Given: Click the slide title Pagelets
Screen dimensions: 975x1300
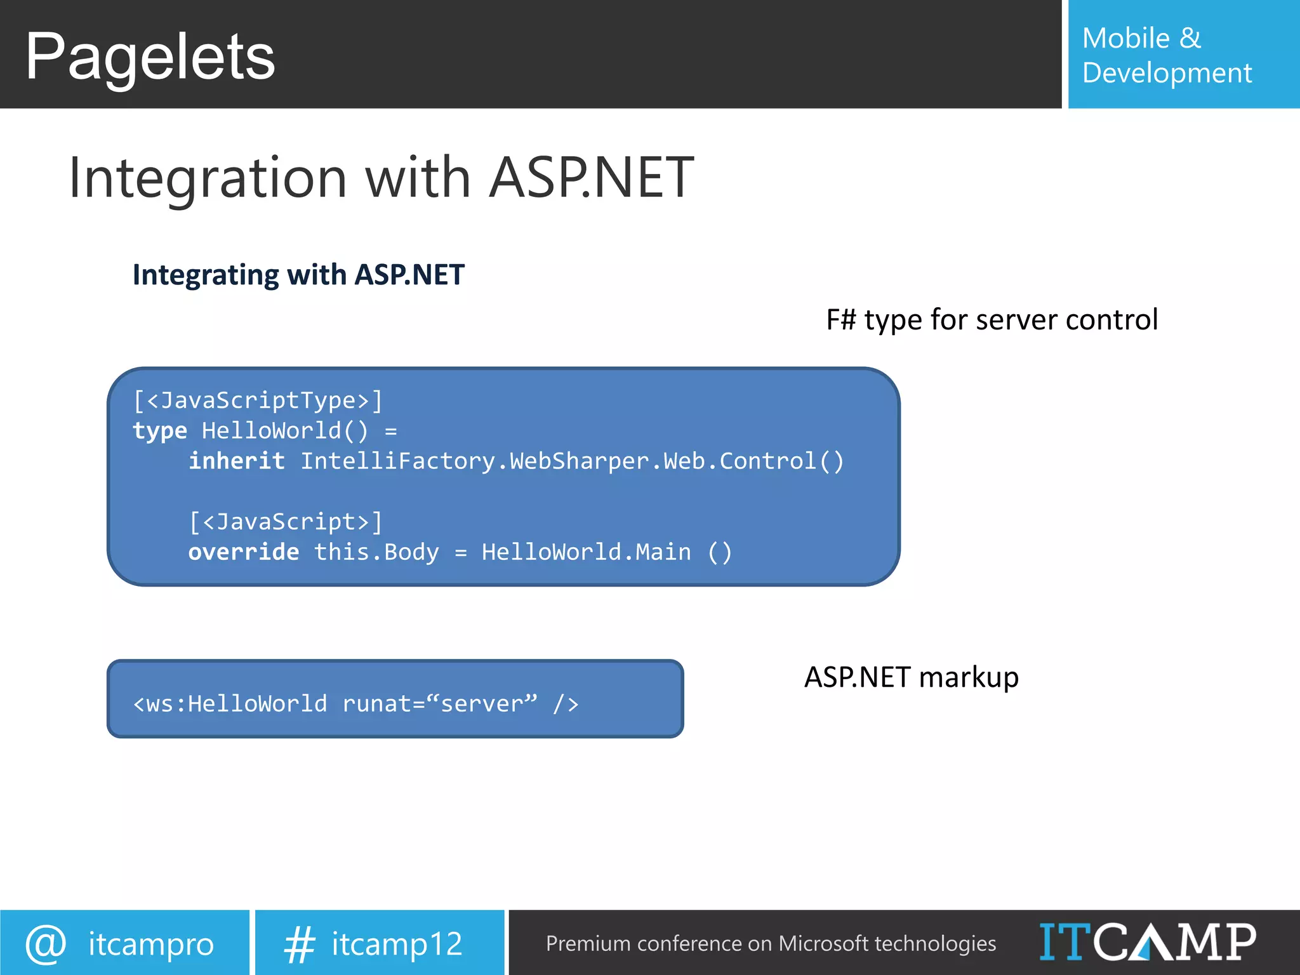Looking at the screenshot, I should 150,57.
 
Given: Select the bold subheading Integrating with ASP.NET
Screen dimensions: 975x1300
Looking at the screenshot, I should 298,275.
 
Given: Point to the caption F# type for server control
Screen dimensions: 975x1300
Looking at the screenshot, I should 992,320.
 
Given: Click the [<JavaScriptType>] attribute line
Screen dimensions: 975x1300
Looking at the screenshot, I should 258,401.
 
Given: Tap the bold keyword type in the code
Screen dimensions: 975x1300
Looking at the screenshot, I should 159,431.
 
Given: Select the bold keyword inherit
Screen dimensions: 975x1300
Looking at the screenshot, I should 237,461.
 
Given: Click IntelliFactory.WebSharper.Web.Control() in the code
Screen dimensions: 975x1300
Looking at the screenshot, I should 572,461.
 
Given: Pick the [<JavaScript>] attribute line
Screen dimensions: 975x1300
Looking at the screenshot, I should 286,522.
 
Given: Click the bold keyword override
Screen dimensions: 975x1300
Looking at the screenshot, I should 244,552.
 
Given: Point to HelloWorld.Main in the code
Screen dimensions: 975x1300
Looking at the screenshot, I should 586,552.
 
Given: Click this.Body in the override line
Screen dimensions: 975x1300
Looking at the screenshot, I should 376,552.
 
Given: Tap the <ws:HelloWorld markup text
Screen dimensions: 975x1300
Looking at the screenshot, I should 230,704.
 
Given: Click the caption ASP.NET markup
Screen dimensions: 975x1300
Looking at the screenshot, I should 911,677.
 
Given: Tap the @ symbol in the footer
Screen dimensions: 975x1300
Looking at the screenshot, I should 46,943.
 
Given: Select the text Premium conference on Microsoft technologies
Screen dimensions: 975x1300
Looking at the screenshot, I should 771,944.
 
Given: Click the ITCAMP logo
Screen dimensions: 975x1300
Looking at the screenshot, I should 1147,942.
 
